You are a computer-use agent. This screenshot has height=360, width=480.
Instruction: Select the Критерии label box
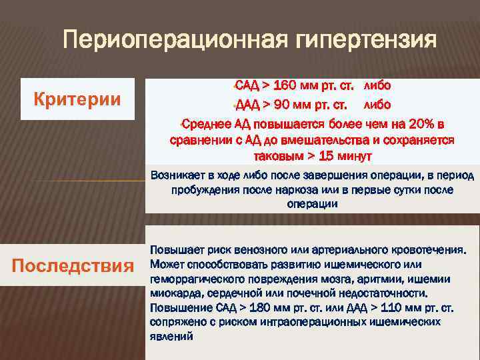point(77,100)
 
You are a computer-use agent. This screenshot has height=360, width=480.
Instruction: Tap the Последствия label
point(73,266)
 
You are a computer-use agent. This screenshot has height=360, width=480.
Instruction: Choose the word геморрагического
point(195,279)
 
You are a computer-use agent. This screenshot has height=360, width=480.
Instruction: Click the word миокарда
point(175,293)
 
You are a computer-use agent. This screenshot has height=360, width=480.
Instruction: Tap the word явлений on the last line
point(171,337)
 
